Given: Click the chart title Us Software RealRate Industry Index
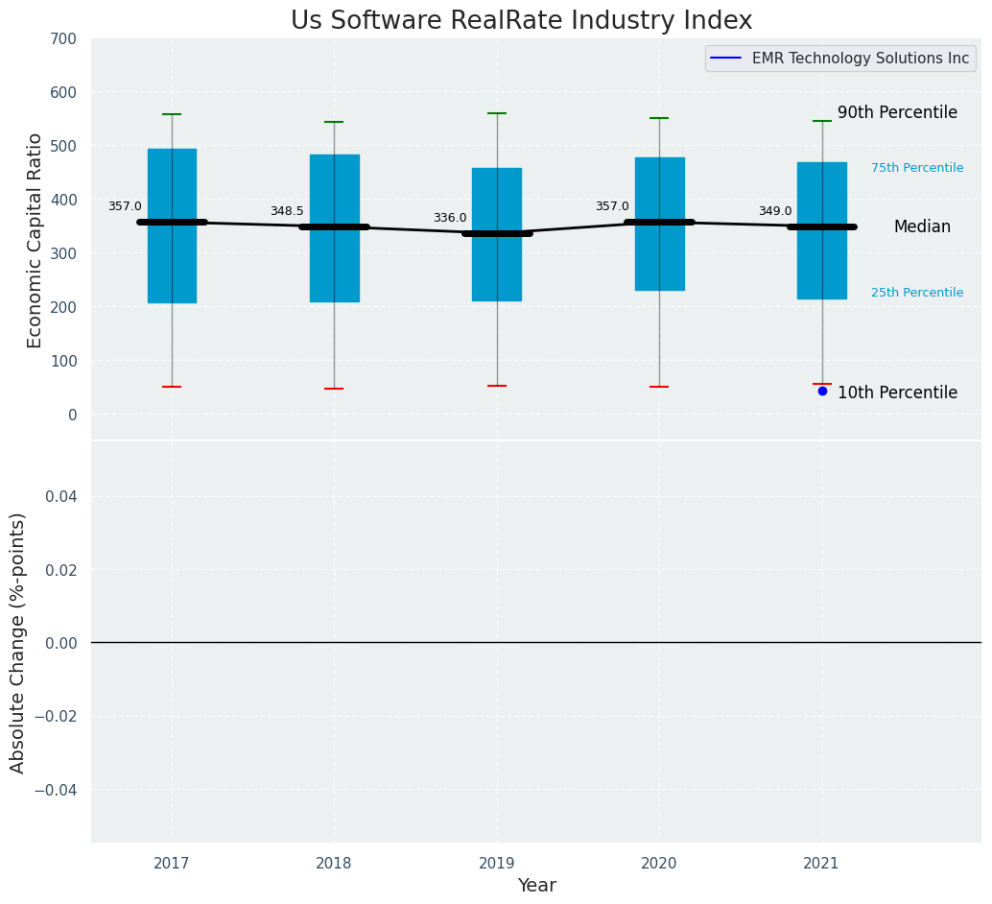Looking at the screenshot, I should click(x=521, y=21).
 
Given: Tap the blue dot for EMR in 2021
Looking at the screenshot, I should click(x=822, y=391).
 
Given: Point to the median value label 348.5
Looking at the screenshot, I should click(x=287, y=211).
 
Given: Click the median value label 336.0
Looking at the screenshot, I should click(x=450, y=218).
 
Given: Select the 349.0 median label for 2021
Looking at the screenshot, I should click(x=775, y=211).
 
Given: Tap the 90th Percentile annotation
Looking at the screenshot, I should click(x=897, y=112).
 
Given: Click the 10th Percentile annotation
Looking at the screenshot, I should click(x=897, y=393).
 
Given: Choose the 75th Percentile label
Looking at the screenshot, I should click(x=917, y=168).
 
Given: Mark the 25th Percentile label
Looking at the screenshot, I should click(x=917, y=293).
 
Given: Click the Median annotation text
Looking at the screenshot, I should click(x=922, y=227).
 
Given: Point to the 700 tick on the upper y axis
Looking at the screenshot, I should click(x=64, y=38).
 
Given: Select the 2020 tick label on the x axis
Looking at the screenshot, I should click(x=659, y=864).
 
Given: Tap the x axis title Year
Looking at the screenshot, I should click(x=536, y=886).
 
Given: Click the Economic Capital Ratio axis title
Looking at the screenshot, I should click(x=35, y=240).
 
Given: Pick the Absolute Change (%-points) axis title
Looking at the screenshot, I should click(x=18, y=642).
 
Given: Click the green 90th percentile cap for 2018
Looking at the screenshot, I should click(x=334, y=122).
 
